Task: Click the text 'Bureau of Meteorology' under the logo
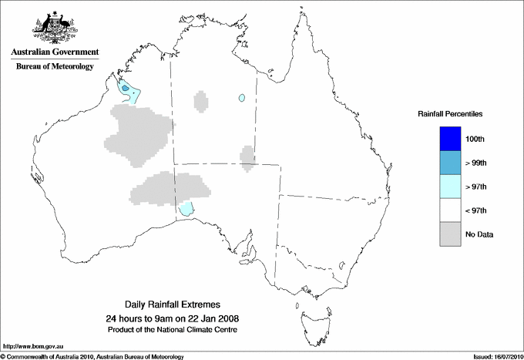pyautogui.click(x=55, y=67)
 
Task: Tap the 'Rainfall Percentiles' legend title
pyautogui.click(x=450, y=114)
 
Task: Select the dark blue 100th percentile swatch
pyautogui.click(x=450, y=139)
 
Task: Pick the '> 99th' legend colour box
pyautogui.click(x=450, y=163)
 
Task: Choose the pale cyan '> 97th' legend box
pyautogui.click(x=450, y=187)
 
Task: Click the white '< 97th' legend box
pyautogui.click(x=450, y=210)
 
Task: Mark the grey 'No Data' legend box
pyautogui.click(x=450, y=234)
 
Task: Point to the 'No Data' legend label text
pyautogui.click(x=479, y=234)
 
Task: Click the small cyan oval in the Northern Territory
pyautogui.click(x=242, y=98)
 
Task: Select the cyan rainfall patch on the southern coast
pyautogui.click(x=186, y=208)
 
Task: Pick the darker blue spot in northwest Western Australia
pyautogui.click(x=126, y=90)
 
